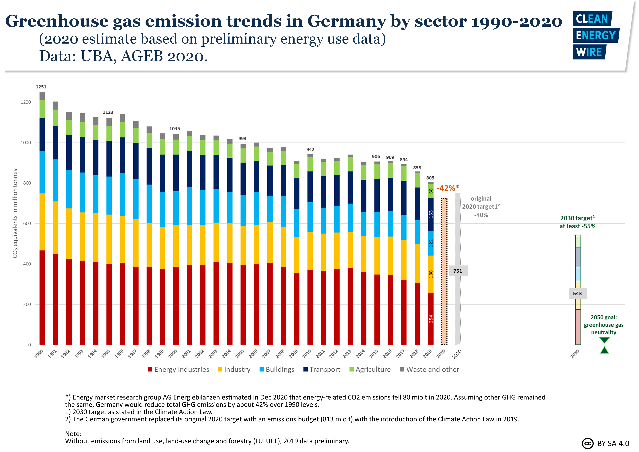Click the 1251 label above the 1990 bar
coord(41,87)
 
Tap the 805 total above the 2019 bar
coord(430,178)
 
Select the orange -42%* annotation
coord(448,188)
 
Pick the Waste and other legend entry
coord(430,370)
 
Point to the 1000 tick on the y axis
coord(26,143)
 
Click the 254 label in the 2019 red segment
coord(431,319)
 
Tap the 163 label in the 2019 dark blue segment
coord(431,214)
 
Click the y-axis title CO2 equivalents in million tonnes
coord(15,213)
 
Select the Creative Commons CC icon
coord(588,443)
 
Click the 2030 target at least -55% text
coord(577,222)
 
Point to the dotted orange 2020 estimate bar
coord(444,272)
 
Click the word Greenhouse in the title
coord(57,21)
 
